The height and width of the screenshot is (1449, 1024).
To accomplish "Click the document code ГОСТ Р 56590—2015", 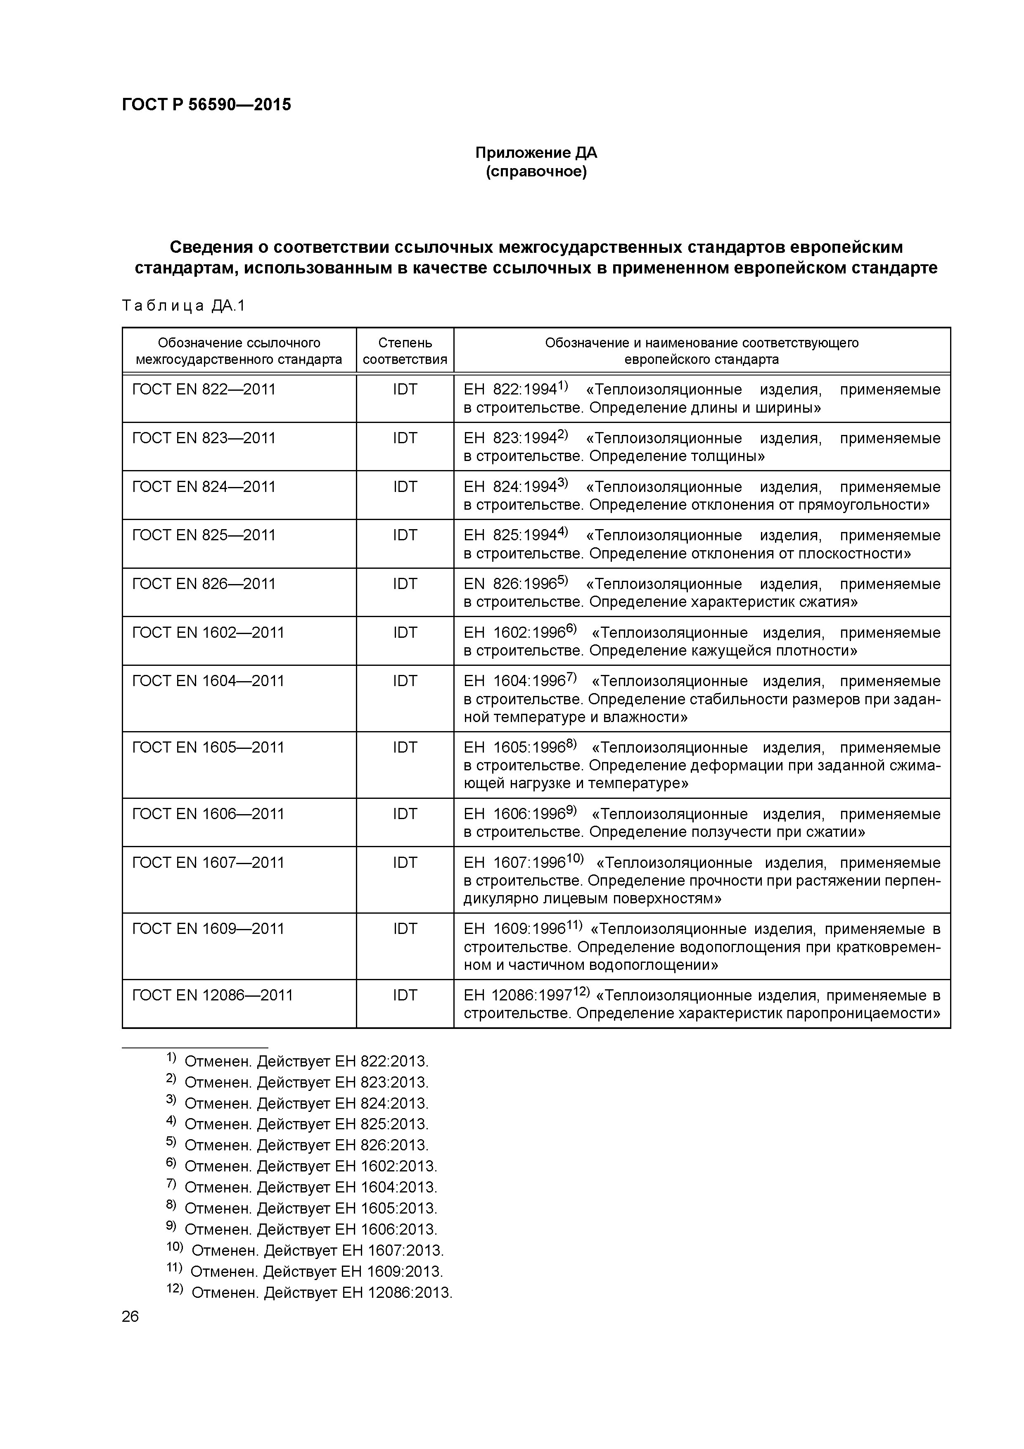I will [206, 105].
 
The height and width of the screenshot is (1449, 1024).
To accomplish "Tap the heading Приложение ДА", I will [536, 153].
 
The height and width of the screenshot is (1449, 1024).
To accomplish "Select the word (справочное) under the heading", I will [536, 172].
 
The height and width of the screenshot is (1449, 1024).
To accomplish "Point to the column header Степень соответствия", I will [405, 351].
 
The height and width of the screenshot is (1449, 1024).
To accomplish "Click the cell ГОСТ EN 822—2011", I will [204, 390].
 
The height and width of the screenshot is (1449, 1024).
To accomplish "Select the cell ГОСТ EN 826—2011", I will [204, 584].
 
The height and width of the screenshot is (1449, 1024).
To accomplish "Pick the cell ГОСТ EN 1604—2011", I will [208, 681].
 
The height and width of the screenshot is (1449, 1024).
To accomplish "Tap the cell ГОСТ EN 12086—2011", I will [213, 995].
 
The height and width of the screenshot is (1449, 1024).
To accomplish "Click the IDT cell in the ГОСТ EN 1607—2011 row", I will [405, 863].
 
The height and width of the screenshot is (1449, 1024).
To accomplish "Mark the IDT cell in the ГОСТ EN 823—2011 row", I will [405, 438].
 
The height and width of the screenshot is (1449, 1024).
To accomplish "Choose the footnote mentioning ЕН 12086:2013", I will [310, 1292].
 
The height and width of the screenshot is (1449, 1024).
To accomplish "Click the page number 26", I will [130, 1316].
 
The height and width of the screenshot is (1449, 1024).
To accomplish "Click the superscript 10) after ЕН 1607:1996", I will [576, 860].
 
